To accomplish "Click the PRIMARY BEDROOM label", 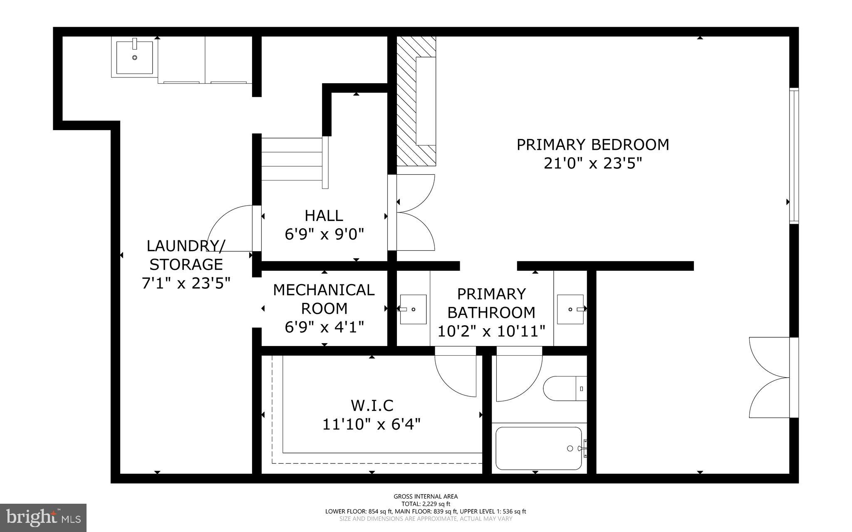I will [x=593, y=145].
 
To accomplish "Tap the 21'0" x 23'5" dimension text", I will [x=593, y=163].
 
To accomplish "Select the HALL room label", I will [x=324, y=215].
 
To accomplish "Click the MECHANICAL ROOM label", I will [x=324, y=299].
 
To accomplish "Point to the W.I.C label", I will [x=372, y=405].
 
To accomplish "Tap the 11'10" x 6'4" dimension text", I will [x=372, y=424].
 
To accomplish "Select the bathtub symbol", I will [x=539, y=448].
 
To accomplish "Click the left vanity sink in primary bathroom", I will [x=413, y=309].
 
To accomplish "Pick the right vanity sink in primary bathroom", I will [x=570, y=309].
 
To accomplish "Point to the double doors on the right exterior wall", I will [x=770, y=378].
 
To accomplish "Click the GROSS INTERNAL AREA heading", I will [x=426, y=496].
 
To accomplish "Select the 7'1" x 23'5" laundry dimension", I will [x=186, y=283].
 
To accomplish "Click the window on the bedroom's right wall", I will [x=794, y=156].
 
